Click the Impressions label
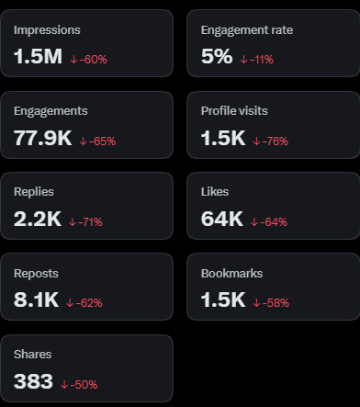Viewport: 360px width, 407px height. [47, 30]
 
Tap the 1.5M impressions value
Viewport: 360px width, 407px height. [38, 57]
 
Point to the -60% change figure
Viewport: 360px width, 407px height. [93, 60]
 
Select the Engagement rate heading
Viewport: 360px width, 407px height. [247, 30]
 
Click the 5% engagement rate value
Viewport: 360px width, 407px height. [217, 57]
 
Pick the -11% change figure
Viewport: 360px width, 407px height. [262, 60]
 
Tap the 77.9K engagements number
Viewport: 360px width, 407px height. [43, 138]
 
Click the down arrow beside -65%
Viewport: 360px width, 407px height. [83, 141]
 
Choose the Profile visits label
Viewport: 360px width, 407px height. [234, 111]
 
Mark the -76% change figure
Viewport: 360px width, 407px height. [276, 141]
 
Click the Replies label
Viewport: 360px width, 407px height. [34, 192]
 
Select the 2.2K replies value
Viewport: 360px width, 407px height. [38, 219]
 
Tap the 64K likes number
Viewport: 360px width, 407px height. [222, 219]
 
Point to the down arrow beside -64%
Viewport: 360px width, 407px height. [254, 222]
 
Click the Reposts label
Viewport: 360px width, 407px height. [36, 274]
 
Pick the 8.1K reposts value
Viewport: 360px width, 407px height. [36, 300]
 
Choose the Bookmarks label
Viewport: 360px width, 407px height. [231, 274]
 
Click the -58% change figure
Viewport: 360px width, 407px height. [276, 303]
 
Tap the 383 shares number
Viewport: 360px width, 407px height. [33, 381]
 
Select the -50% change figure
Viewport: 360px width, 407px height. [84, 385]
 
